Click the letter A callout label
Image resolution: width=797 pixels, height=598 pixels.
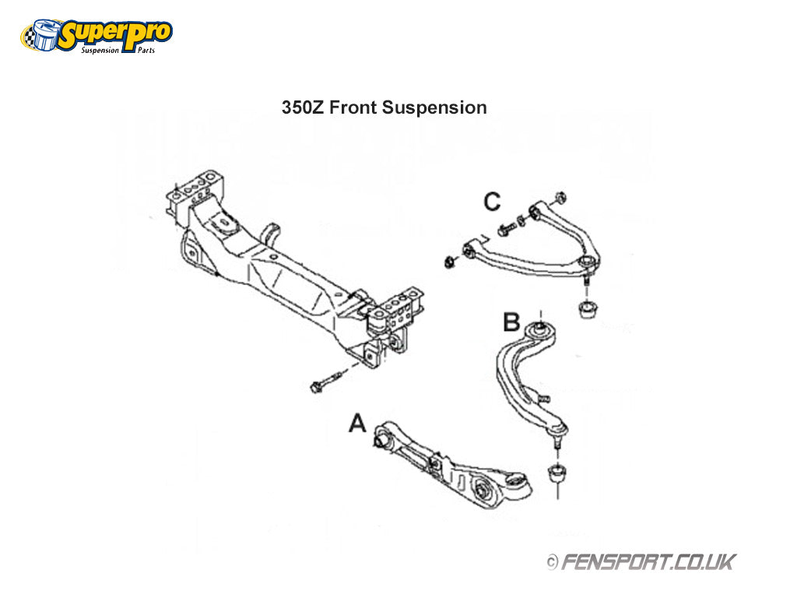[x=357, y=424]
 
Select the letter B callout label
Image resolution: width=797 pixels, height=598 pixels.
[x=511, y=321]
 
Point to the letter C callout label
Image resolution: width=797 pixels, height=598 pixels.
[x=492, y=202]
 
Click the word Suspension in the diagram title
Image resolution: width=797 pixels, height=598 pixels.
[x=435, y=107]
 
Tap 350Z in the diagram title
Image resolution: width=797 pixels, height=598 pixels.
[x=304, y=107]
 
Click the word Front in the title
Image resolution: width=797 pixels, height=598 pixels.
[x=355, y=107]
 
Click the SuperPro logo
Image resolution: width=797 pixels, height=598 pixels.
[x=97, y=34]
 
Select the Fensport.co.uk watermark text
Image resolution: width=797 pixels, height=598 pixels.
[x=647, y=561]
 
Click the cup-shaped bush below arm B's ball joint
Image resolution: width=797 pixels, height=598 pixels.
[x=557, y=473]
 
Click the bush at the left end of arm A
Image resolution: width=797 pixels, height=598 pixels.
[x=382, y=439]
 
